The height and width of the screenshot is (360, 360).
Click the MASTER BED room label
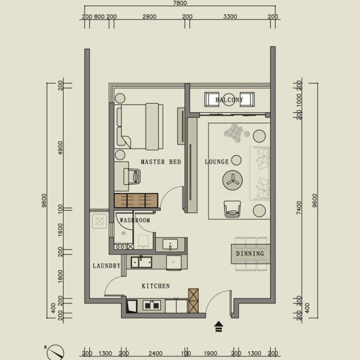point(161,162)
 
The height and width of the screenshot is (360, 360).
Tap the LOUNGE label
point(217,162)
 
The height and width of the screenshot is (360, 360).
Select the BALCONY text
point(229,100)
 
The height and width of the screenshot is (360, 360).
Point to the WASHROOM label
point(135,221)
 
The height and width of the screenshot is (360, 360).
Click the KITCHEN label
point(156,286)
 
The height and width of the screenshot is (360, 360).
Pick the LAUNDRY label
point(107,266)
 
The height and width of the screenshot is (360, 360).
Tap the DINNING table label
point(250,254)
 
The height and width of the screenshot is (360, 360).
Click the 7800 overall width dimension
point(180,3)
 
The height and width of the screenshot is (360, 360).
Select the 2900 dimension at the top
point(149,17)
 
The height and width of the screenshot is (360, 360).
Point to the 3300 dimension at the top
point(230,17)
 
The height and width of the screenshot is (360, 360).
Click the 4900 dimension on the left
point(60,148)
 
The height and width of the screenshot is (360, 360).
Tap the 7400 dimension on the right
point(299,208)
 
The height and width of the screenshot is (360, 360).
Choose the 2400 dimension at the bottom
point(156,354)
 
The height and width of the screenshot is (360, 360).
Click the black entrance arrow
point(219,326)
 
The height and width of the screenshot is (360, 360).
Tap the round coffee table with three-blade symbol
point(233,180)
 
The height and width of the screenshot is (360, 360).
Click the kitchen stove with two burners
point(152,306)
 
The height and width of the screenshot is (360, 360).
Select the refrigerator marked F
point(174,263)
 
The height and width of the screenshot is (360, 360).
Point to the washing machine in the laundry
point(99,222)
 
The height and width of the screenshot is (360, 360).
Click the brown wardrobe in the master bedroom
point(136,201)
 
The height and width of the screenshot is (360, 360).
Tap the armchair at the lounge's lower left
point(232,209)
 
